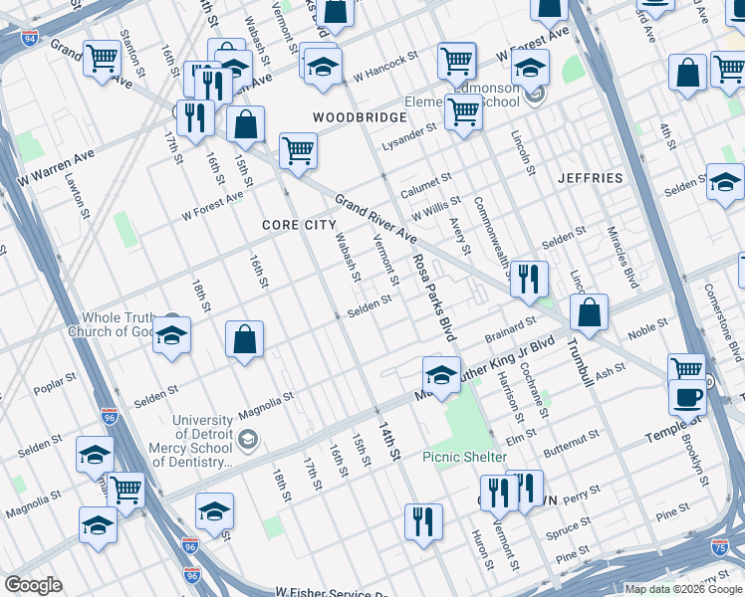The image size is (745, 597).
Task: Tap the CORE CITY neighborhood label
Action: pyautogui.click(x=299, y=225)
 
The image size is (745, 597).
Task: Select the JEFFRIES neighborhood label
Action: pyautogui.click(x=591, y=178)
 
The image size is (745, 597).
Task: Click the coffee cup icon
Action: pyautogui.click(x=685, y=397)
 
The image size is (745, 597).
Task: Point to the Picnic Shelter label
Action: pyautogui.click(x=466, y=457)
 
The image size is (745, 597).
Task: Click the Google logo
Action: pyautogui.click(x=33, y=585)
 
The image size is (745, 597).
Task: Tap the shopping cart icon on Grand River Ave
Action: pyautogui.click(x=298, y=151)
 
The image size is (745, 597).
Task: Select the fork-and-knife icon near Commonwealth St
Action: pyautogui.click(x=528, y=278)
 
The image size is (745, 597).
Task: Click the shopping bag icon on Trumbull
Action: pyautogui.click(x=590, y=311)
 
